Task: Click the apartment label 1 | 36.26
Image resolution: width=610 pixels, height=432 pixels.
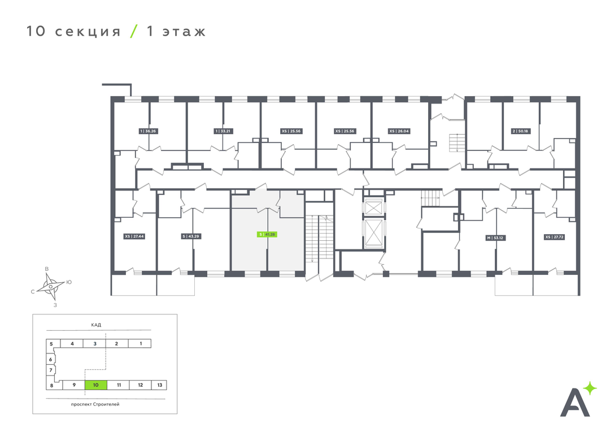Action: pyautogui.click(x=147, y=131)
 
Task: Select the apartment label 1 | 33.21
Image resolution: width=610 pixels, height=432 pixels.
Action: pyautogui.click(x=224, y=131)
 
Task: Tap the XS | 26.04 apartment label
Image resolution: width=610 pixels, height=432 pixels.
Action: pyautogui.click(x=399, y=131)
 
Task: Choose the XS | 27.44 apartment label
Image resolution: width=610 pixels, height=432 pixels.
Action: pyautogui.click(x=134, y=236)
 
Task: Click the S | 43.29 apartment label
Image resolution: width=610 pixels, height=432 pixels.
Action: pyautogui.click(x=191, y=236)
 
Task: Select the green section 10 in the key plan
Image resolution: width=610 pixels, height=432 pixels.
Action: pyautogui.click(x=96, y=385)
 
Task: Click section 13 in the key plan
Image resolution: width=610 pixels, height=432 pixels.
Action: pyautogui.click(x=160, y=385)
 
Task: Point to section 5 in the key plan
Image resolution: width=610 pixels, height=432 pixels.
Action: pyautogui.click(x=51, y=344)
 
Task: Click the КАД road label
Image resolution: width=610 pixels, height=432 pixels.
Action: pyautogui.click(x=95, y=325)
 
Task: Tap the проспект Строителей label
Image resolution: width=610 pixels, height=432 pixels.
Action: pyautogui.click(x=95, y=404)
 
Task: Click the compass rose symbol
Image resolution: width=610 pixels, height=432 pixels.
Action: pyautogui.click(x=51, y=286)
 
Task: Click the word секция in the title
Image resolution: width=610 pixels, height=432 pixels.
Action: pyautogui.click(x=88, y=31)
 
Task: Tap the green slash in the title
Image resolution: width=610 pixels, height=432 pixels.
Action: pyautogui.click(x=133, y=31)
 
